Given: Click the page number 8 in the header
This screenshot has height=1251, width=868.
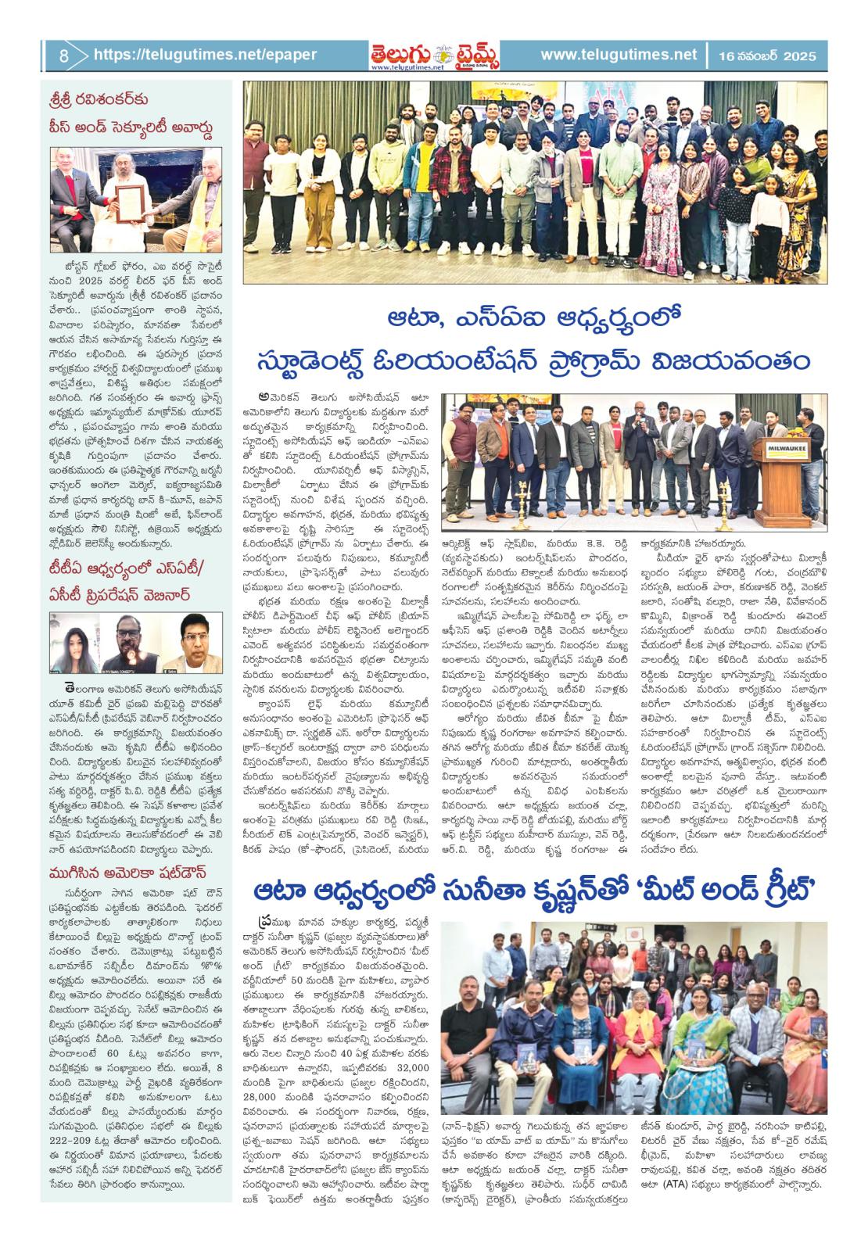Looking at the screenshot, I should [x=63, y=55].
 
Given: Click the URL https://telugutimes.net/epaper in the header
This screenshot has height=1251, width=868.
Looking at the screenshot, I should [x=205, y=55].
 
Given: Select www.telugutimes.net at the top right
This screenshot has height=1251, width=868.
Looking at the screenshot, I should [x=618, y=55].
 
